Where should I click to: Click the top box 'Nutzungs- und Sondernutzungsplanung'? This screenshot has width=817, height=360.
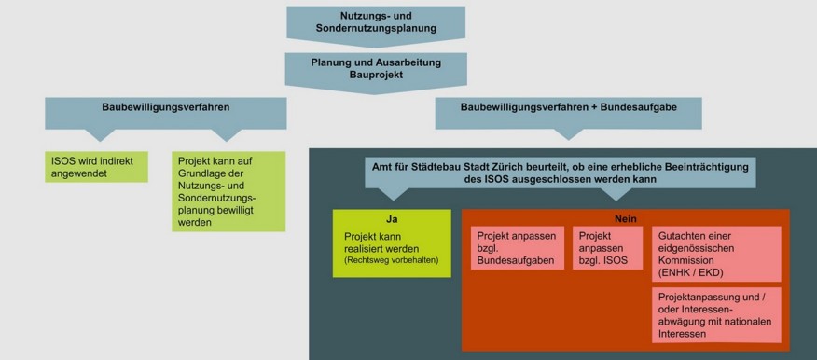point(375,22)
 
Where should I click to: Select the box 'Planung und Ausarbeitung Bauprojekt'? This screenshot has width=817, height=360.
point(375,68)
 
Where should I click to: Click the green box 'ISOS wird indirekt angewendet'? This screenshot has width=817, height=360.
point(97,166)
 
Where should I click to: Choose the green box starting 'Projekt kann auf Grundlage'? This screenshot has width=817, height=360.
point(228,191)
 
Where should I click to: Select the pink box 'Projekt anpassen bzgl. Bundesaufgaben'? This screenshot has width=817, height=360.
point(518,247)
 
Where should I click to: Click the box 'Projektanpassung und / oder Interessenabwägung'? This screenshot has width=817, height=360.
point(715,314)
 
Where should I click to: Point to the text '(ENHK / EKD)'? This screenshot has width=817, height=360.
point(691,272)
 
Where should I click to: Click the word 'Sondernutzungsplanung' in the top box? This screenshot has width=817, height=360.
point(375,29)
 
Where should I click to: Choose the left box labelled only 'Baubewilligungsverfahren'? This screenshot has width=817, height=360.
point(166,108)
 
